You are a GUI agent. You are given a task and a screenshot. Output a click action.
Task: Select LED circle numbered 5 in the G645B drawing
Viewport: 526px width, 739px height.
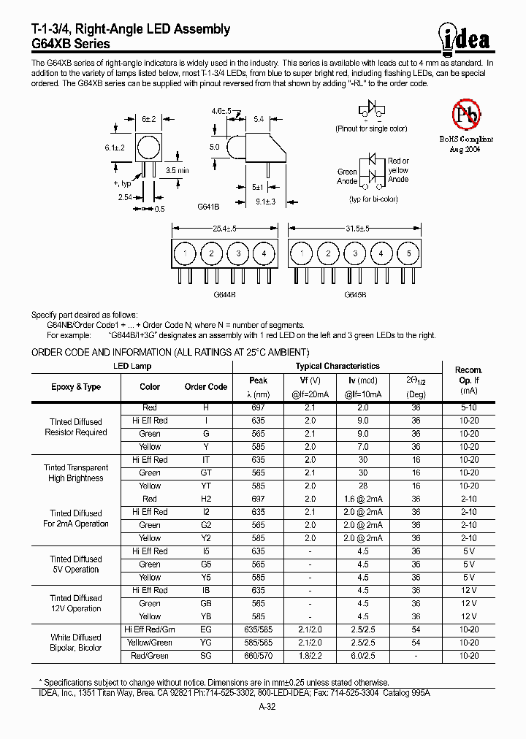tap(409, 254)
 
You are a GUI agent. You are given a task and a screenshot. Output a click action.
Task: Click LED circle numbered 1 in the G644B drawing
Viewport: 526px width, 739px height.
tap(186, 254)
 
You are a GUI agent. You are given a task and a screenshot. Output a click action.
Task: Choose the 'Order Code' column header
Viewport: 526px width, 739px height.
tap(206, 387)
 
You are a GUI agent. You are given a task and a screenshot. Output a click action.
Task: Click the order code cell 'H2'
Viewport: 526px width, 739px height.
tap(206, 499)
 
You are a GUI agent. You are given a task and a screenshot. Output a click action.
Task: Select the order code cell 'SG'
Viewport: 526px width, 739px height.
tap(206, 656)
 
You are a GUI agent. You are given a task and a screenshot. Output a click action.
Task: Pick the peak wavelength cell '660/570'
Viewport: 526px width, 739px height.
tap(258, 656)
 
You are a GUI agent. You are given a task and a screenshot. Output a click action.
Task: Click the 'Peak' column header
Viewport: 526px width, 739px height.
tap(258, 380)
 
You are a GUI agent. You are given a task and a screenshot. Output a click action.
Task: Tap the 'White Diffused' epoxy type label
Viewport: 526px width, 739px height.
tap(76, 637)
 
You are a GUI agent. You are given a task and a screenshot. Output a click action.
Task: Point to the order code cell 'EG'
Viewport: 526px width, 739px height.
tap(206, 629)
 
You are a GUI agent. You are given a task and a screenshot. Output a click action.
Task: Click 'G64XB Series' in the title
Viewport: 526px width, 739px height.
tap(70, 44)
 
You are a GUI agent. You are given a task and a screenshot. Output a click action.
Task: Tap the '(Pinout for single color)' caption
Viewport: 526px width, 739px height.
tap(371, 129)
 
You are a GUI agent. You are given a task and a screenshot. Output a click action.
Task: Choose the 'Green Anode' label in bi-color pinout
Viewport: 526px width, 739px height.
tap(347, 177)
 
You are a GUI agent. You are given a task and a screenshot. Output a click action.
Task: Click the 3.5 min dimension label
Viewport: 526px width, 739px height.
tap(177, 170)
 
